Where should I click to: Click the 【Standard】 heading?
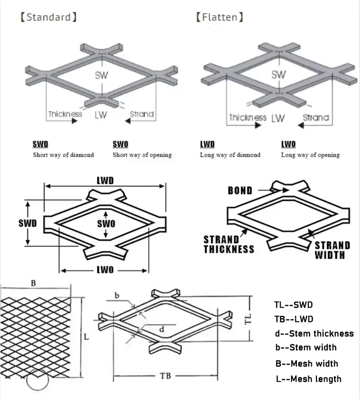tap(48, 18)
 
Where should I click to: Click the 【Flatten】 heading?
tap(219, 18)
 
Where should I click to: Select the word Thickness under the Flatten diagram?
tap(248, 118)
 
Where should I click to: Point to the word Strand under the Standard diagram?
tap(142, 114)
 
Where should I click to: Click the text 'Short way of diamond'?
tap(63, 155)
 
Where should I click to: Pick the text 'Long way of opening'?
tap(310, 155)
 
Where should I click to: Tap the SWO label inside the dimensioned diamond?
tap(107, 224)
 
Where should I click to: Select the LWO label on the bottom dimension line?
tap(105, 270)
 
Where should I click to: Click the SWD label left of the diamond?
tap(28, 224)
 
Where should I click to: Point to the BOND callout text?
tap(240, 191)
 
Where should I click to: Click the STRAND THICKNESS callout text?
tap(229, 244)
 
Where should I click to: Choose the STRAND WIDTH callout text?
tap(332, 250)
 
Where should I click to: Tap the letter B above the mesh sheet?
tap(33, 283)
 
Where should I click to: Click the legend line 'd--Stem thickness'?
tap(314, 334)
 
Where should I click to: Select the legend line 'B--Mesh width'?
tap(306, 363)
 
